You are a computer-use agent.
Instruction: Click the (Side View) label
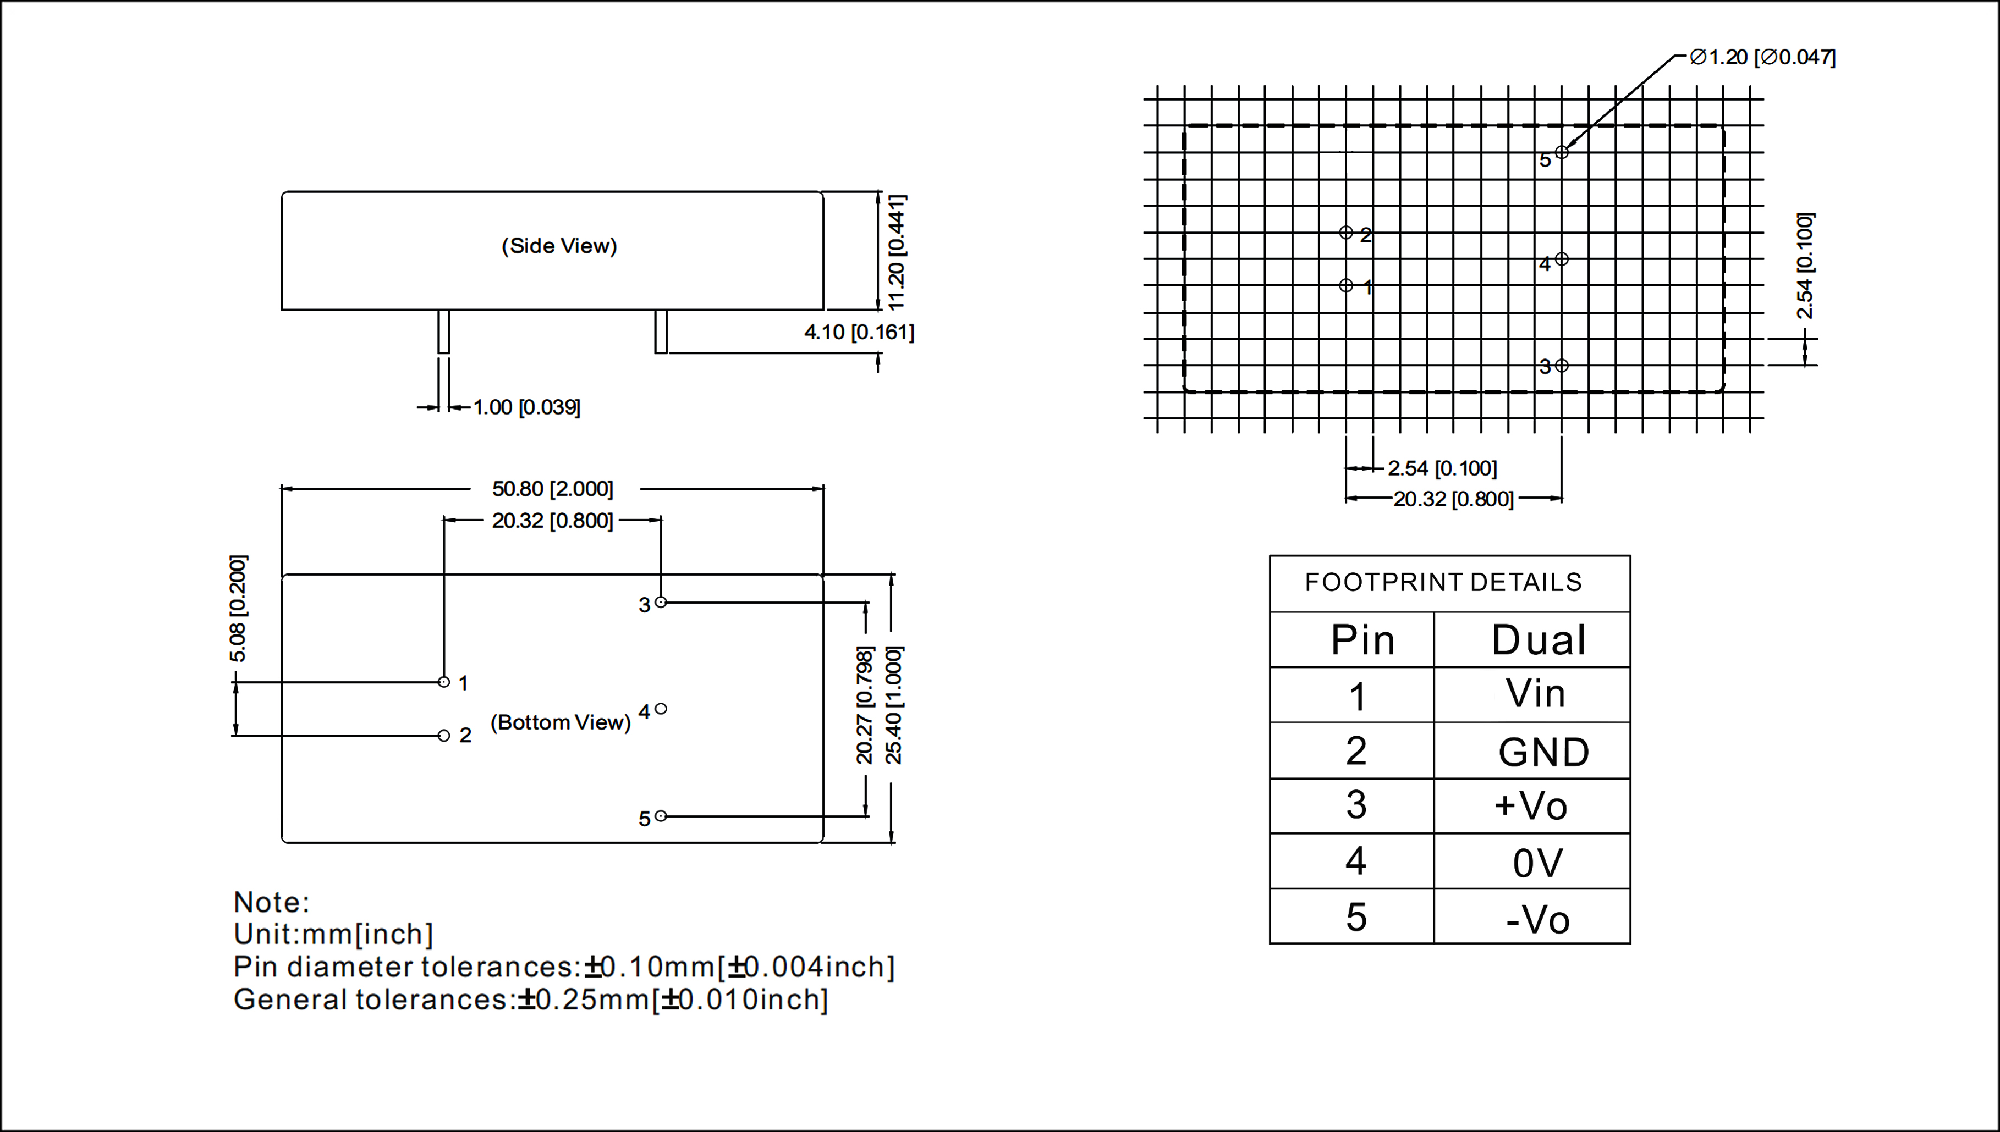click(x=558, y=246)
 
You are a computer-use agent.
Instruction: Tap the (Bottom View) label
click(x=560, y=722)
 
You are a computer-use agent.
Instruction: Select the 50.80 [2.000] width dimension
click(x=552, y=489)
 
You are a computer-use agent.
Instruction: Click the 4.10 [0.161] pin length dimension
click(x=859, y=333)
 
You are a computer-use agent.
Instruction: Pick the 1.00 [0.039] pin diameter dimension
click(x=526, y=407)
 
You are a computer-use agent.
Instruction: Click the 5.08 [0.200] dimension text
click(x=238, y=609)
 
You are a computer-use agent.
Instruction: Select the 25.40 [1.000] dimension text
click(x=894, y=704)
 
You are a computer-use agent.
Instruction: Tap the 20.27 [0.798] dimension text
click(x=865, y=704)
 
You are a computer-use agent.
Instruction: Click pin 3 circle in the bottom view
click(x=661, y=602)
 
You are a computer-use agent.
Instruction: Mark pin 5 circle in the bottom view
click(x=661, y=816)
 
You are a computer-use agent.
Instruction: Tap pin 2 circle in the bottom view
click(x=444, y=736)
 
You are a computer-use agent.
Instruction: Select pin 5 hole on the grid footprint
click(x=1562, y=152)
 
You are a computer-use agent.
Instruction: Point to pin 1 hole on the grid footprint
click(x=1346, y=286)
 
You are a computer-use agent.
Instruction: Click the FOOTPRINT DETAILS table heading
click(x=1443, y=582)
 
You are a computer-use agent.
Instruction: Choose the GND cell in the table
click(x=1543, y=752)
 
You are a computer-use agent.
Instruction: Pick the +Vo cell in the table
click(x=1530, y=806)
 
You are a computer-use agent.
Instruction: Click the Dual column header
click(x=1538, y=640)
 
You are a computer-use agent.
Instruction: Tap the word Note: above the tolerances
click(x=271, y=903)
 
